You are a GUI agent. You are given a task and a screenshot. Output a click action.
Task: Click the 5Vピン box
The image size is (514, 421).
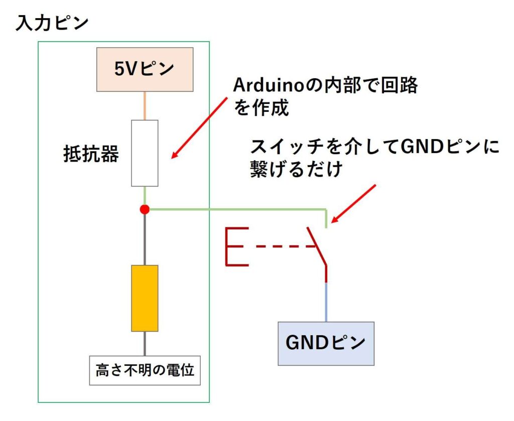pos(145,69)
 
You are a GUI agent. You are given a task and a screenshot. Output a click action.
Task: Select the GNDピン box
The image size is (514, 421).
pos(326,344)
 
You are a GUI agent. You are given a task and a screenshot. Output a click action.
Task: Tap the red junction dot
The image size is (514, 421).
pos(145,209)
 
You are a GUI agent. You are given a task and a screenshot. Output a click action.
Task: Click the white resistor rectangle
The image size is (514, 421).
pos(145,153)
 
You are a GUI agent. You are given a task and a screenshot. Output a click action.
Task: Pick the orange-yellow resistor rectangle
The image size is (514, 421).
pos(145,298)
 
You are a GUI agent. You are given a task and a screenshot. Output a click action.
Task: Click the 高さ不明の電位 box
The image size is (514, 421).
pos(145,370)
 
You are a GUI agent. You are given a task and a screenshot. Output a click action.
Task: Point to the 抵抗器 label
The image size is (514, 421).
pos(91,154)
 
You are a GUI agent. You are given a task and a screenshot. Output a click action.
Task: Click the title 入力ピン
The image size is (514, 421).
pos(52,24)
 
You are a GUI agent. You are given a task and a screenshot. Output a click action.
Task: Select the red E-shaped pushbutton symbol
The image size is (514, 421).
pos(237,246)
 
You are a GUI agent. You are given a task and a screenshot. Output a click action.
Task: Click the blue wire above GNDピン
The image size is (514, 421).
pos(326,302)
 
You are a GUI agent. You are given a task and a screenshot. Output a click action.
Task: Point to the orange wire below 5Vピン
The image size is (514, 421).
pos(145,106)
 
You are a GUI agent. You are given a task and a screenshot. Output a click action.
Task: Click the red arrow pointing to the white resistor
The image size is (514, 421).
pos(199,128)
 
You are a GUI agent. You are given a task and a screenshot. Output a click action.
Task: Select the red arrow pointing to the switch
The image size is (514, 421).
pos(353,204)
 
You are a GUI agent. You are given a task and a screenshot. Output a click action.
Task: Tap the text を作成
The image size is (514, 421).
pos(261,108)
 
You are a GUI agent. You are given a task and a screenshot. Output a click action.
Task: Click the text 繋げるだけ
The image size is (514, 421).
pos(296,169)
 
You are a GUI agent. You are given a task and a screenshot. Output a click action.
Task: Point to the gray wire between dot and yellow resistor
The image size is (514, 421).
pos(145,239)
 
